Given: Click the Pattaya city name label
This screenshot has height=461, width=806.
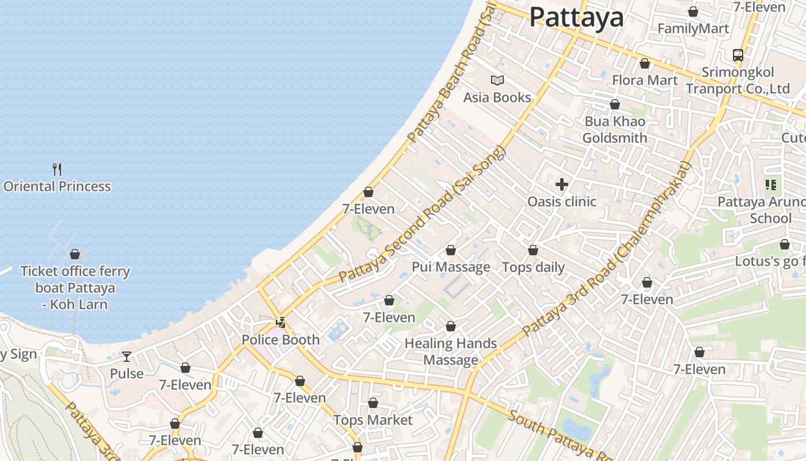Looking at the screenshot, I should point(576,17).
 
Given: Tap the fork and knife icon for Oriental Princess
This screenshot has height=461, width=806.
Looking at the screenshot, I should point(57,169).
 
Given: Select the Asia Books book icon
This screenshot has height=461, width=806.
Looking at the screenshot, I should point(497,80).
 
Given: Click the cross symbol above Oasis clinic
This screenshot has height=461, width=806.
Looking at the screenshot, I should point(561,184).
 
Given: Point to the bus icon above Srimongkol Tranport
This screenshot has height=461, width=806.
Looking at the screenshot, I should point(737,55).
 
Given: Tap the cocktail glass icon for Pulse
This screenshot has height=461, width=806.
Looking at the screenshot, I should point(127,357).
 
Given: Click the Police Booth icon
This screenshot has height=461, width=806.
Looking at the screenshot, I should point(281,323).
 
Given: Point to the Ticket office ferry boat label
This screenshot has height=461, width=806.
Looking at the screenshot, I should point(75,288).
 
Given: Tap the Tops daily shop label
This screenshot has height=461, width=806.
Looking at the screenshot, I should point(533,267).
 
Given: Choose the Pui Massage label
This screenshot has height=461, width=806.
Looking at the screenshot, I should point(451,267).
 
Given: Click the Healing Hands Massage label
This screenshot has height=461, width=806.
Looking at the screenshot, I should point(451,352).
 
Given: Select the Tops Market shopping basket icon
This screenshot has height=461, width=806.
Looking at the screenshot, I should point(373,403).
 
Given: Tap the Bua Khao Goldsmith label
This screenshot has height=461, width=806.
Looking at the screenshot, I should point(615,130).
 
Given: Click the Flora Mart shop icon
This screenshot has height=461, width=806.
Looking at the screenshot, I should point(645,63).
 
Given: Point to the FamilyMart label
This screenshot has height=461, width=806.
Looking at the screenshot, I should point(693,28).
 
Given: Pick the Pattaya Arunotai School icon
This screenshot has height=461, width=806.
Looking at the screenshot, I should point(771,185).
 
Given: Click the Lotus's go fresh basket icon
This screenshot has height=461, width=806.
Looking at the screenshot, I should point(784,244).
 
